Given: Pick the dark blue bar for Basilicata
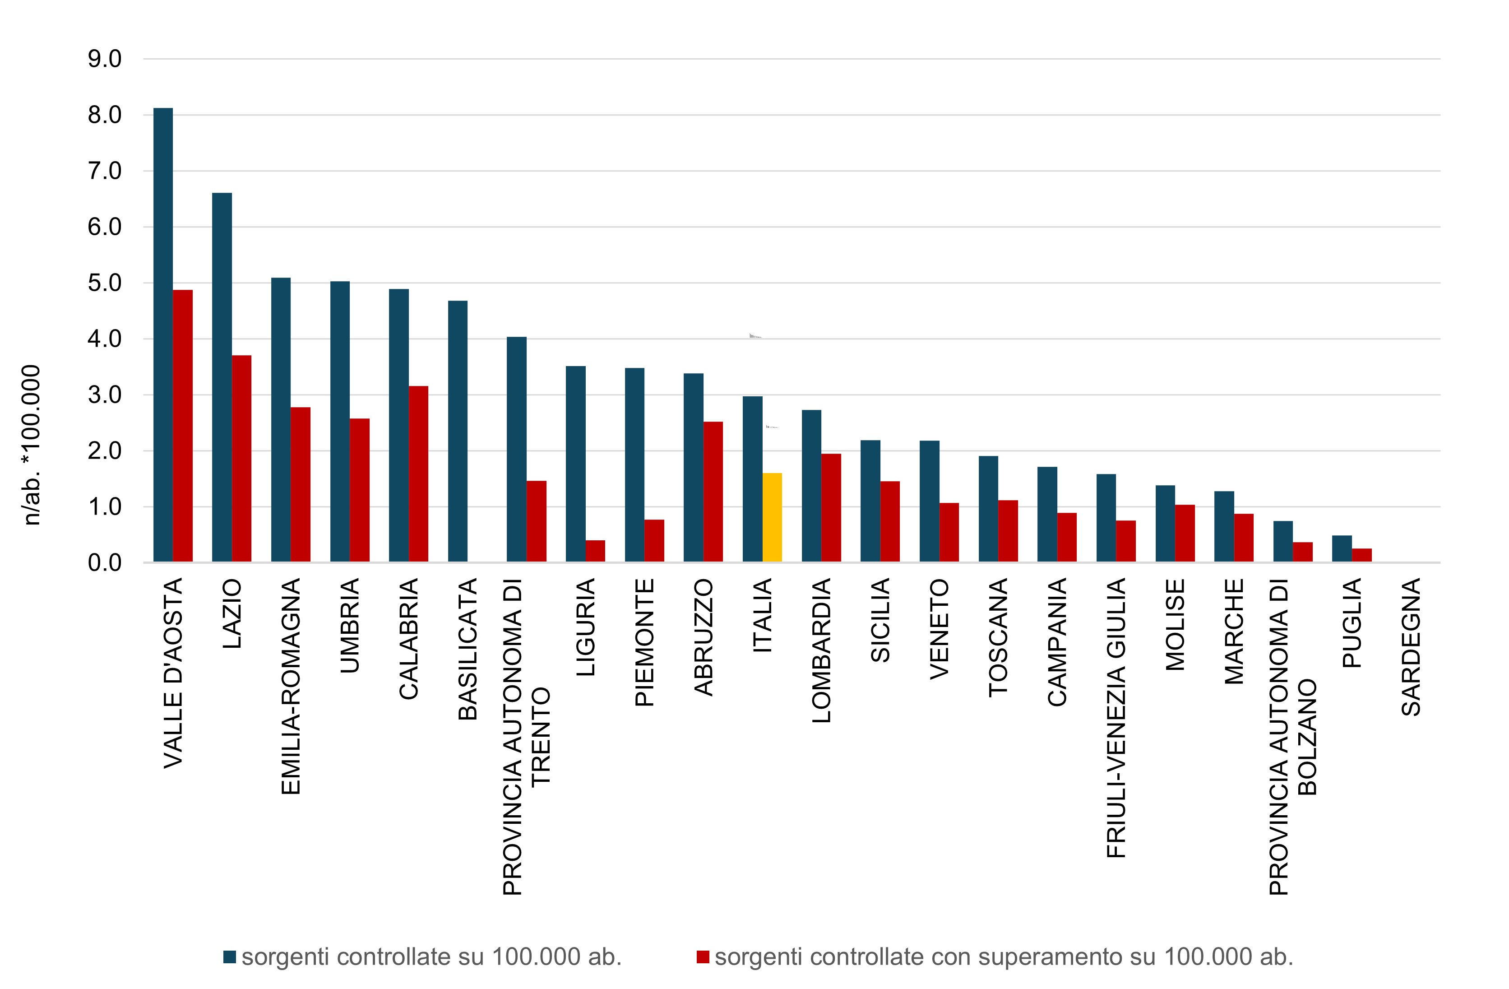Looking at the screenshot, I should coord(458,432).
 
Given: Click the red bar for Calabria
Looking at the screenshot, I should coord(418,474).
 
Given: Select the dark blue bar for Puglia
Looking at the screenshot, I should coord(1342,549).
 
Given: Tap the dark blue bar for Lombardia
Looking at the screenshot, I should coord(811,486).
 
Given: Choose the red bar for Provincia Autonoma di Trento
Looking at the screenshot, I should coord(537,521).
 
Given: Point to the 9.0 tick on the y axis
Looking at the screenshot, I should coord(105,59).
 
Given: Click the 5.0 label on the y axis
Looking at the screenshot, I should coord(105,283).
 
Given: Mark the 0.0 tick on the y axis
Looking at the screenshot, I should coord(105,563).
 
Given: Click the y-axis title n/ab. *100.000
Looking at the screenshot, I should coord(32,446).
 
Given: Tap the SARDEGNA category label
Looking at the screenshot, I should coord(1412,647).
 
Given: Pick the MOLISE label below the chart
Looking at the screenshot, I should coord(1176,625).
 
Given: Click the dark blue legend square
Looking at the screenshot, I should coord(230,956).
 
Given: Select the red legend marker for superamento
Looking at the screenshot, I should coord(703,956).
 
